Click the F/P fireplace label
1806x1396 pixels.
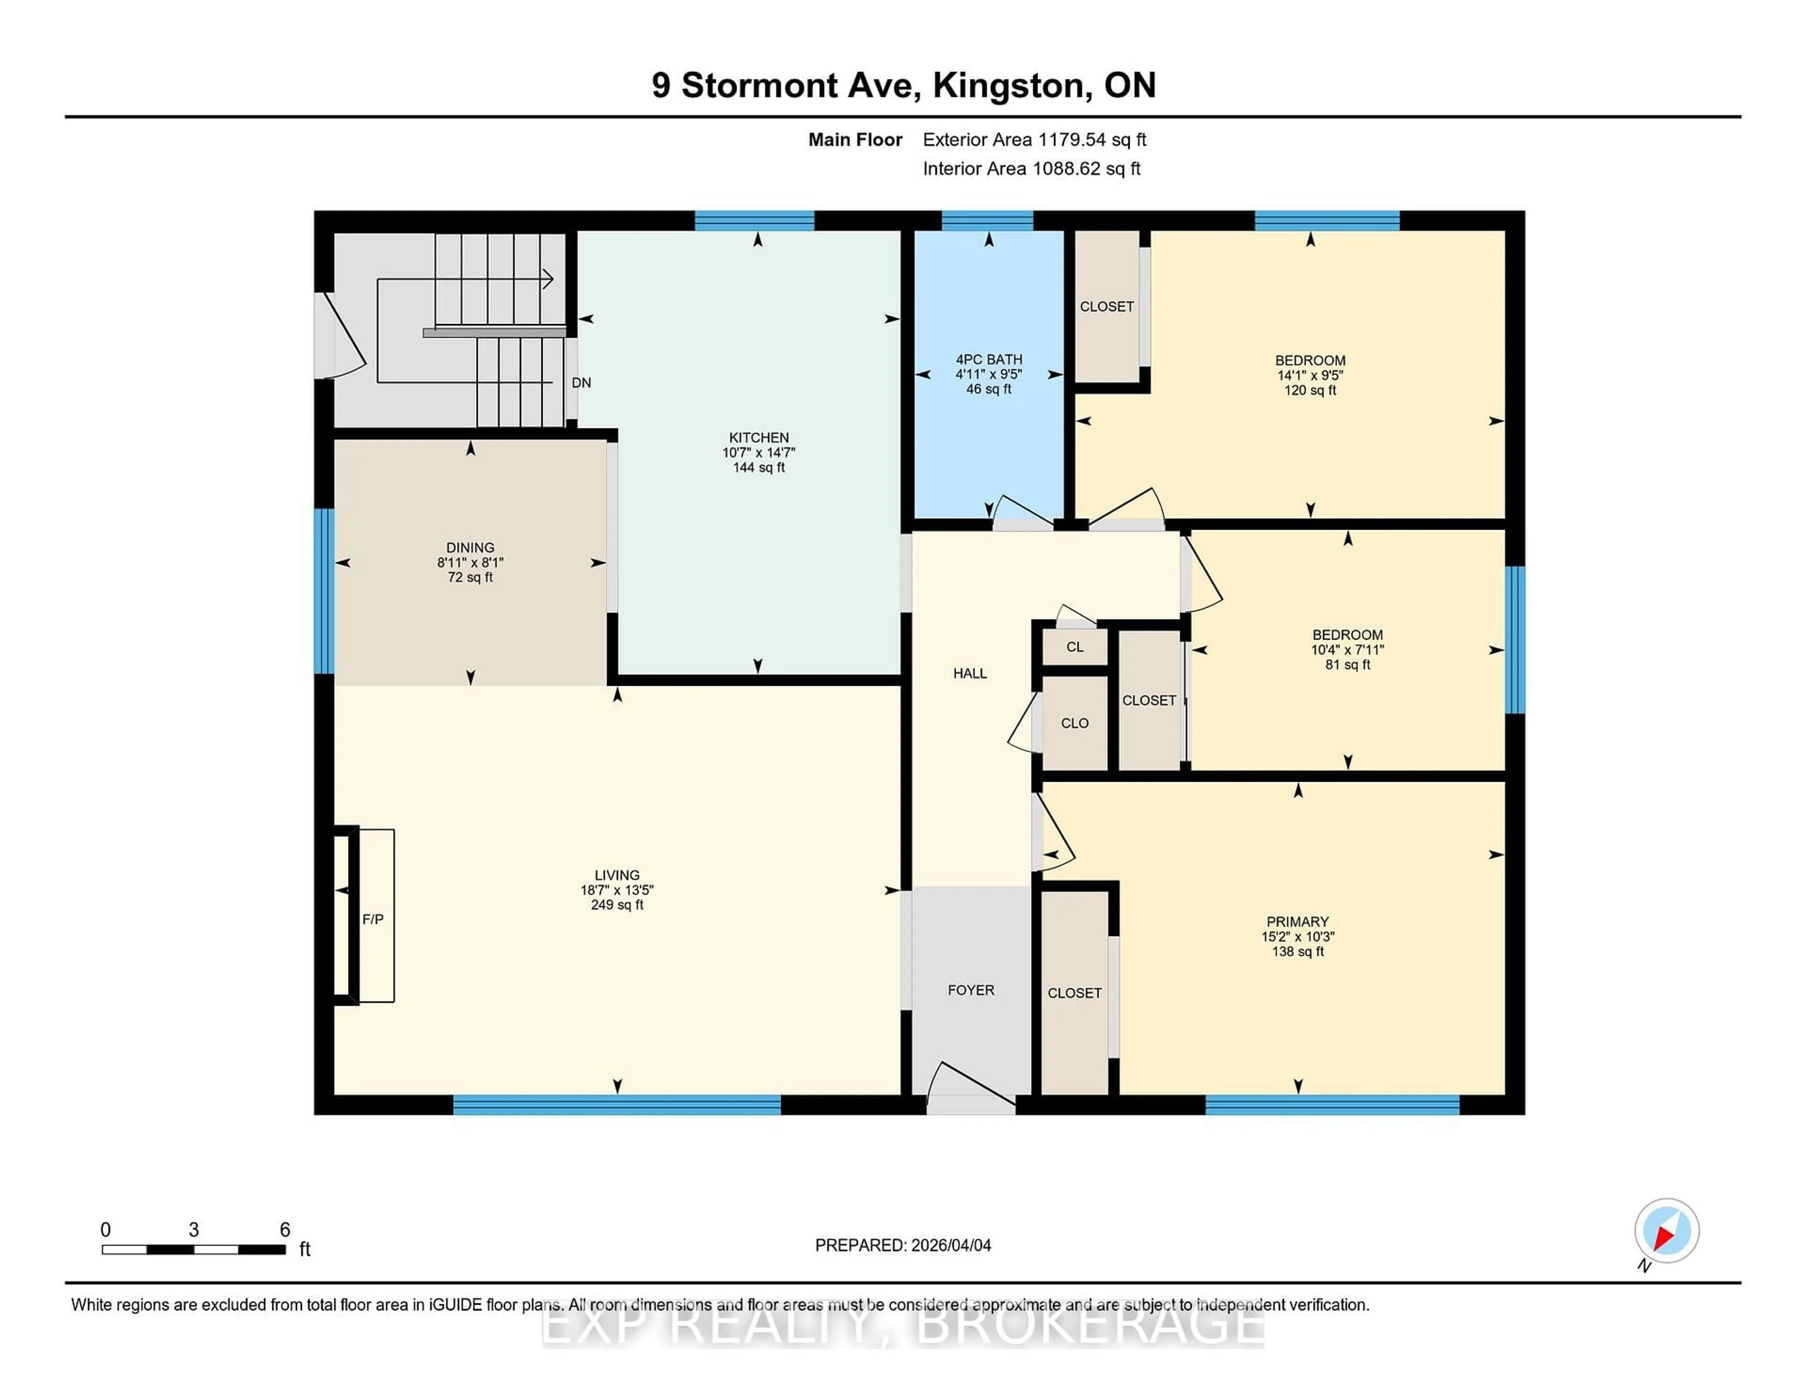click(373, 919)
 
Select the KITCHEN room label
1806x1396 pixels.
click(758, 437)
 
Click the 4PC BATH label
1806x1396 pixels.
click(989, 359)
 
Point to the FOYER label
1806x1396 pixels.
click(971, 990)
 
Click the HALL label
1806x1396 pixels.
click(970, 673)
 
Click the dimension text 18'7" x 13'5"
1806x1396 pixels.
click(617, 890)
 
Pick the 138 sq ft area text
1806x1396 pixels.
click(1298, 952)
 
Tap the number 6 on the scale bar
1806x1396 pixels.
click(285, 1230)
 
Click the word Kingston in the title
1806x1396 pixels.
click(1008, 85)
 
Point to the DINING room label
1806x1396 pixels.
click(470, 547)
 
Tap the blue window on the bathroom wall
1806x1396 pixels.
click(987, 220)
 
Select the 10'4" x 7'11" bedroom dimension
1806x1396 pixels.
click(1347, 650)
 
